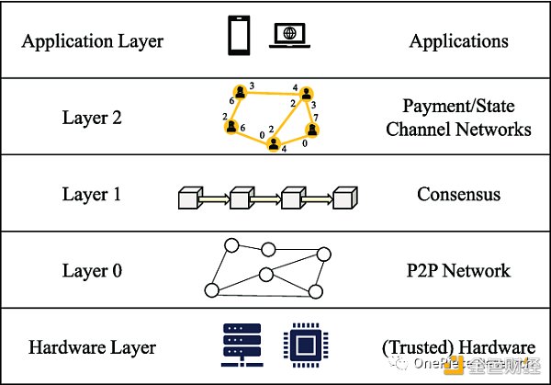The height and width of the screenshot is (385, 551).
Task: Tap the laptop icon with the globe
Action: pyautogui.click(x=289, y=38)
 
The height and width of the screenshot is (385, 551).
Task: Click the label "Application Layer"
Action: pyautogui.click(x=92, y=40)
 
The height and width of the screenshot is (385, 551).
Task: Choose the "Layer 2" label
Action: pyautogui.click(x=92, y=118)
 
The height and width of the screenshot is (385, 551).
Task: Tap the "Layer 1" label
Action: pyautogui.click(x=92, y=195)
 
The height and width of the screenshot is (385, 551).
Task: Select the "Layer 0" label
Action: pyautogui.click(x=92, y=271)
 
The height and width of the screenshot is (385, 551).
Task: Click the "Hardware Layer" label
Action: pyautogui.click(x=92, y=347)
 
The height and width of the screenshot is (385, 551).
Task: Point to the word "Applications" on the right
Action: pyautogui.click(x=458, y=40)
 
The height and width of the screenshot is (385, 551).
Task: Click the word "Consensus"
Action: pyautogui.click(x=458, y=195)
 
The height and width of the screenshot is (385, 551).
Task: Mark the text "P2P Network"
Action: pyautogui.click(x=458, y=271)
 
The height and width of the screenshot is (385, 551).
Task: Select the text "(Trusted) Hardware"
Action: pyautogui.click(x=458, y=347)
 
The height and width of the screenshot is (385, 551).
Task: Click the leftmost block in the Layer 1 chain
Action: pyautogui.click(x=187, y=198)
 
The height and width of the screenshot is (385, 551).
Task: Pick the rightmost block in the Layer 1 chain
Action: pyautogui.click(x=344, y=198)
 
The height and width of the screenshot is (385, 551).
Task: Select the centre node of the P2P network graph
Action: pyautogui.click(x=265, y=274)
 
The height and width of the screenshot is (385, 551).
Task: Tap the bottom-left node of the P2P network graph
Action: pyautogui.click(x=212, y=290)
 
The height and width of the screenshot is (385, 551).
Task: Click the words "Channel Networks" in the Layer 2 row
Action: pyautogui.click(x=458, y=129)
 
